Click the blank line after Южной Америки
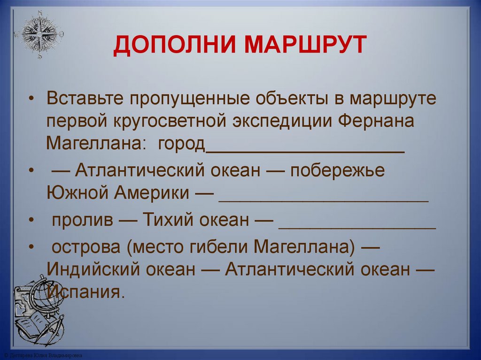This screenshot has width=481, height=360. pos(324,199)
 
